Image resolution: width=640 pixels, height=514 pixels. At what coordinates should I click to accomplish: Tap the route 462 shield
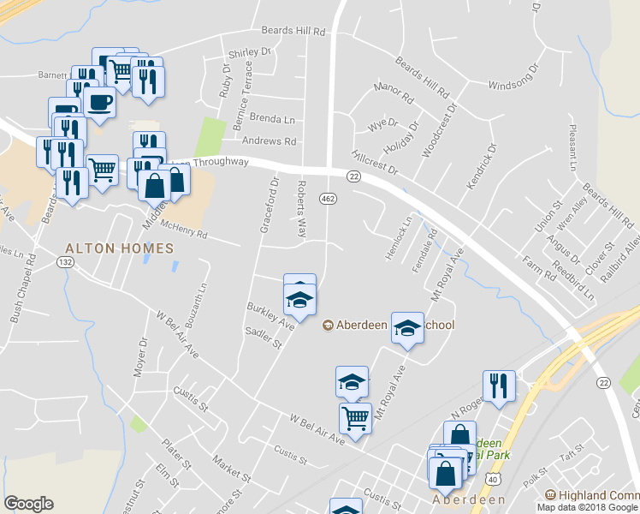click(x=329, y=199)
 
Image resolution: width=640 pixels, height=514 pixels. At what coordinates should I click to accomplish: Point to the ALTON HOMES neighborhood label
click(x=120, y=248)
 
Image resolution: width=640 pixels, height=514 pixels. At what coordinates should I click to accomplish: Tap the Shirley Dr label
click(x=251, y=51)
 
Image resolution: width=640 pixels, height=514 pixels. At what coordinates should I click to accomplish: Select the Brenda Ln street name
click(x=273, y=119)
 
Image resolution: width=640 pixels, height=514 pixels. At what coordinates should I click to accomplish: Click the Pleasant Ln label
click(x=572, y=146)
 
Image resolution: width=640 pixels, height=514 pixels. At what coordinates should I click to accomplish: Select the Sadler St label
click(x=263, y=338)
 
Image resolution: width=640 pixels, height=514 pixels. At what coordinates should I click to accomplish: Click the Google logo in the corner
click(x=29, y=504)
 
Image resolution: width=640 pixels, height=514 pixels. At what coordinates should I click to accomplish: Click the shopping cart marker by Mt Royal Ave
click(x=355, y=419)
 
